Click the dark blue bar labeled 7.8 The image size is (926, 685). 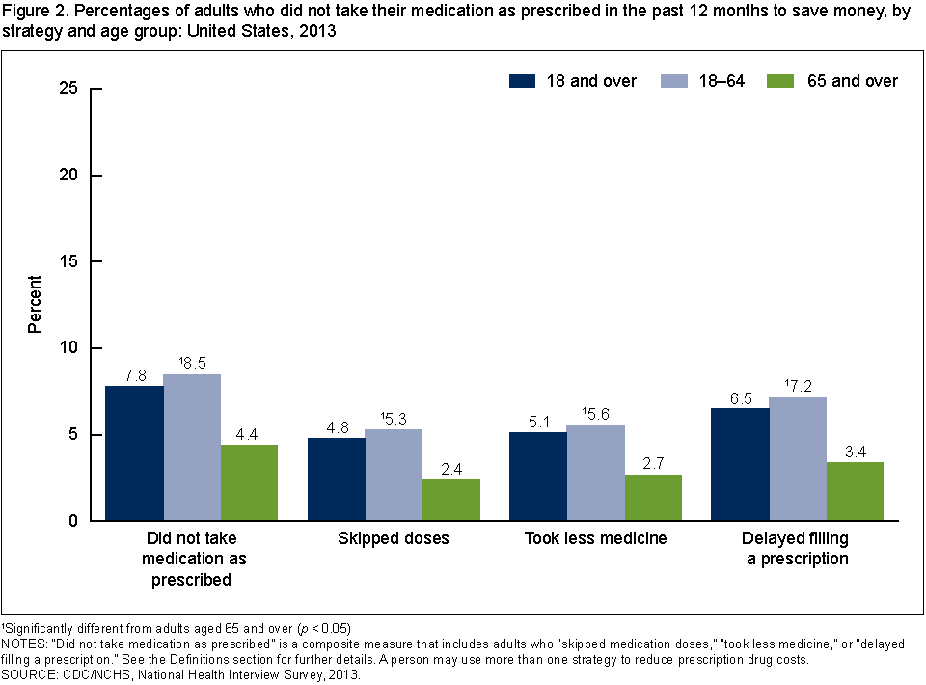click(134, 453)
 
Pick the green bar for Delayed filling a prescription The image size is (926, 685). click(855, 491)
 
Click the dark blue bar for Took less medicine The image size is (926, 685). click(538, 477)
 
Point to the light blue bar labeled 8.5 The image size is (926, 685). click(192, 448)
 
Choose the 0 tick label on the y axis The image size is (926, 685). click(71, 521)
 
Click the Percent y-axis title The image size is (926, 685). click(35, 305)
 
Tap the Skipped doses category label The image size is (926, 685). click(394, 538)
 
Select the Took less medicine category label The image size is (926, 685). click(595, 538)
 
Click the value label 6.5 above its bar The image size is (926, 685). click(740, 397)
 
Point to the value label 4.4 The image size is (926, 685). click(250, 433)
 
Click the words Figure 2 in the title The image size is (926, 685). click(32, 13)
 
